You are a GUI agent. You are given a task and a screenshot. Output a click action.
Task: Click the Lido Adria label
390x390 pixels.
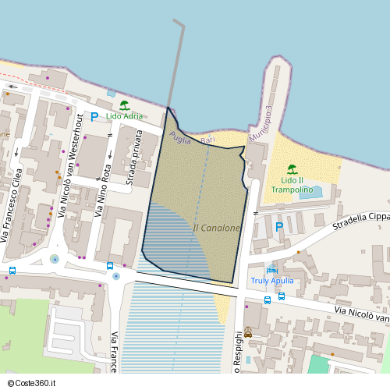(x=124, y=116)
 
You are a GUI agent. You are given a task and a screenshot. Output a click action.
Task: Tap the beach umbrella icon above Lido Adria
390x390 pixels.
(x=124, y=105)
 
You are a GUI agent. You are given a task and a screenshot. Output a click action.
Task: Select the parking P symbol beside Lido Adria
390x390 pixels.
(x=94, y=117)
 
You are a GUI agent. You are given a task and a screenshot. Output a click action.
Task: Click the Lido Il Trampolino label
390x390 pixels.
(x=292, y=185)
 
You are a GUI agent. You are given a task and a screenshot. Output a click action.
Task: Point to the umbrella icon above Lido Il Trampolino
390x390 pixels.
(x=292, y=169)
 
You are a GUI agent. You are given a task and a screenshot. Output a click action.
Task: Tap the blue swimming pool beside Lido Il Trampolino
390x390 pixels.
(x=310, y=192)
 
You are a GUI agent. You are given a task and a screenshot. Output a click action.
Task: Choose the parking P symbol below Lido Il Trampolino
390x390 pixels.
(x=279, y=227)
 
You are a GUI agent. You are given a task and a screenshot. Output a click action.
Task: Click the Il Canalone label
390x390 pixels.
(x=216, y=228)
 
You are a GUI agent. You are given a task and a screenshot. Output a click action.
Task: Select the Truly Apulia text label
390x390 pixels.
(x=271, y=281)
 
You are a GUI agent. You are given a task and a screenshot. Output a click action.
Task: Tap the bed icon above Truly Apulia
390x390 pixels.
(x=271, y=270)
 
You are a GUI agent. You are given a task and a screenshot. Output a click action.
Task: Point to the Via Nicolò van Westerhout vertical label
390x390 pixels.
(x=70, y=164)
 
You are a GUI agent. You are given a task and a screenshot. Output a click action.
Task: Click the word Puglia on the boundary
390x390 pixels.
(x=180, y=136)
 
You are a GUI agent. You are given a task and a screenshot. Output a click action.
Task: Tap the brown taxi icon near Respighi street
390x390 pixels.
(x=248, y=334)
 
